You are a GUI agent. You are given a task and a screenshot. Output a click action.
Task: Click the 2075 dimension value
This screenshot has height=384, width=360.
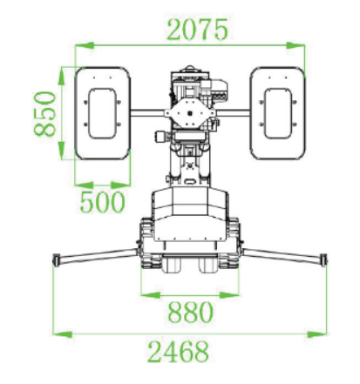[x=197, y=30]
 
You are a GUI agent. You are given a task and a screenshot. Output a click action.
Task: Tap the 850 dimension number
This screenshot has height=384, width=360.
[x=45, y=114]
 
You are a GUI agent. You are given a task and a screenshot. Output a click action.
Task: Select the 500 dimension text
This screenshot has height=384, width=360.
[x=102, y=202]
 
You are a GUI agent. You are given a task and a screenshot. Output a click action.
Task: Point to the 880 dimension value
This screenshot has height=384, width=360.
[x=191, y=312]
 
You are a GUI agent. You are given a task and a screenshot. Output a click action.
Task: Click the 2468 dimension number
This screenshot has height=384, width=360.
[x=178, y=352]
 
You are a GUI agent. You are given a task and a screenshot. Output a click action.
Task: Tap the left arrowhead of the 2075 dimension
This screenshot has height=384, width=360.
[x=85, y=45]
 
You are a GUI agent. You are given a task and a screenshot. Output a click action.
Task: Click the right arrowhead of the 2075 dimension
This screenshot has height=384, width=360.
[x=295, y=45]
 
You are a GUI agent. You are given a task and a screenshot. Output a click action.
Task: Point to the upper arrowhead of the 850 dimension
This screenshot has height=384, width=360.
[x=61, y=76]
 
